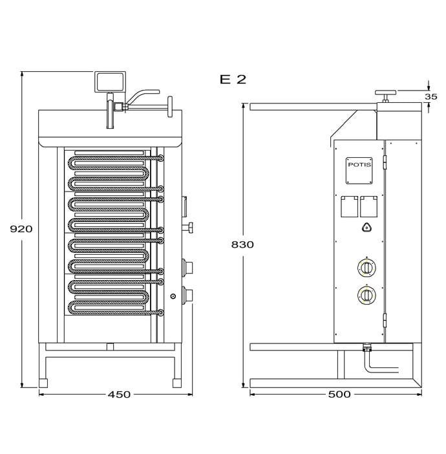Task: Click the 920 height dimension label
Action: click(x=21, y=229)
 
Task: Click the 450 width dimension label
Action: click(x=119, y=395)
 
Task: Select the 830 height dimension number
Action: click(x=242, y=244)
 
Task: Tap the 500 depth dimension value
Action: click(x=339, y=394)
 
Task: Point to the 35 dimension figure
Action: click(x=431, y=96)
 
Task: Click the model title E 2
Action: click(x=233, y=80)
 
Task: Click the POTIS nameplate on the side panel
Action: click(x=359, y=171)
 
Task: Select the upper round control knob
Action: click(x=366, y=268)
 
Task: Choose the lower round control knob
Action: click(x=366, y=295)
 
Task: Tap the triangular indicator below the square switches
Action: click(x=366, y=228)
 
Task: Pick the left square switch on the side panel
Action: click(x=349, y=206)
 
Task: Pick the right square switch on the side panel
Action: click(x=368, y=206)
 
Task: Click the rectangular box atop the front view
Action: click(x=110, y=82)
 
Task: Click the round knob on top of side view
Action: click(x=385, y=92)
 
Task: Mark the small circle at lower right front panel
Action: click(x=173, y=296)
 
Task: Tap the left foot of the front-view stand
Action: click(x=43, y=383)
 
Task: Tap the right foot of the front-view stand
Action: click(x=177, y=383)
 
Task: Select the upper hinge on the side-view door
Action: click(x=385, y=162)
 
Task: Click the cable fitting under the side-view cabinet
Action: click(x=366, y=347)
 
